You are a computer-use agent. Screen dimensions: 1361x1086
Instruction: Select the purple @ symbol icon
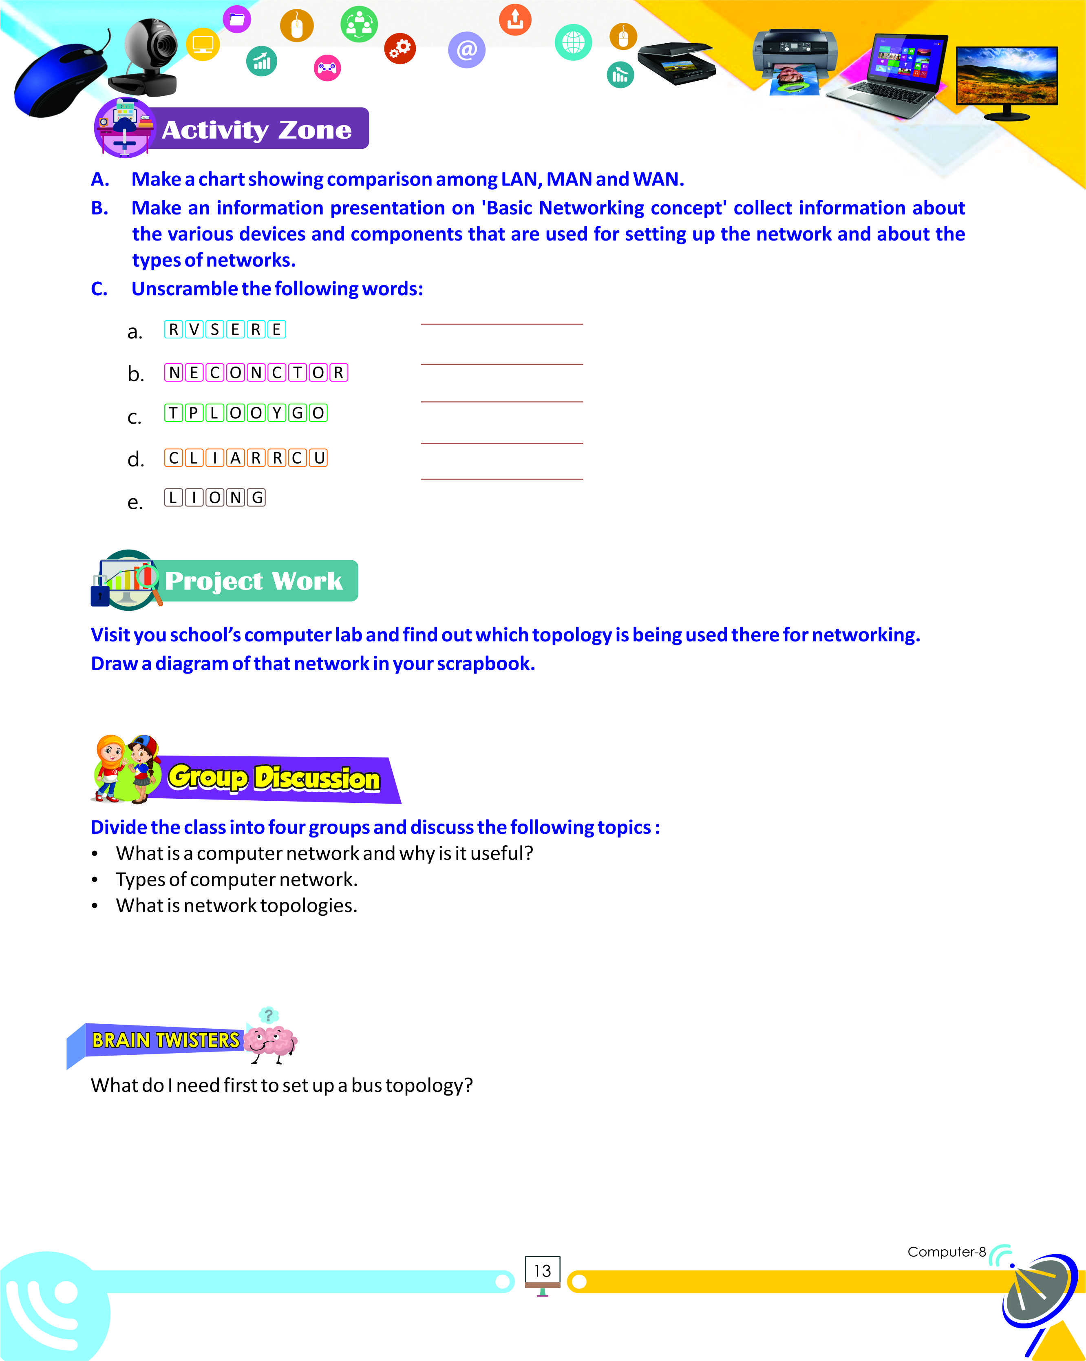[x=466, y=49]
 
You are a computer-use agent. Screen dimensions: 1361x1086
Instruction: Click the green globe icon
[x=573, y=42]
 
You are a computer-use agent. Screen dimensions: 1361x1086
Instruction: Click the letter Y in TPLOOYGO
[x=276, y=413]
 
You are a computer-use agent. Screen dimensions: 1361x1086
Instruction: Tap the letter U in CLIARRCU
[x=319, y=457]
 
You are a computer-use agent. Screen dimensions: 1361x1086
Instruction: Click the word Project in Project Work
[x=213, y=581]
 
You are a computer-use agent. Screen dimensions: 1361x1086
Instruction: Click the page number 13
[x=542, y=1271]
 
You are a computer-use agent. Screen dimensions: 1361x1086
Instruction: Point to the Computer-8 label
[x=946, y=1252]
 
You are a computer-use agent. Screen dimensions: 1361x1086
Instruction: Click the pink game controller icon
[x=327, y=68]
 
